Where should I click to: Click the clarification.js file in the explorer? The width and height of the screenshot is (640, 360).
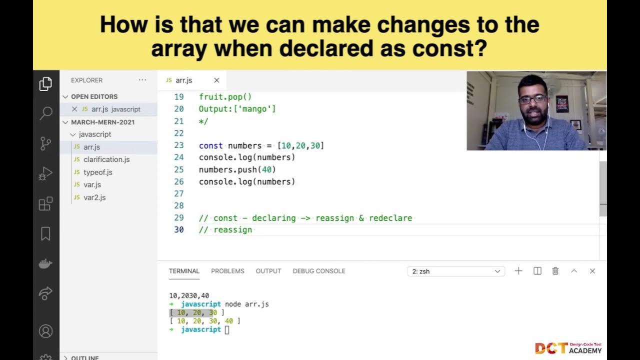(x=106, y=159)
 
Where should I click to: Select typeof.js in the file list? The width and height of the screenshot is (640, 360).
(x=98, y=172)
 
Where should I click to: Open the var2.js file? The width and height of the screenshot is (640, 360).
(x=94, y=197)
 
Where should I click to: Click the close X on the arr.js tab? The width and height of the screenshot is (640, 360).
(x=216, y=80)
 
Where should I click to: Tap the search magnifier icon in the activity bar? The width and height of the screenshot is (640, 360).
(x=45, y=113)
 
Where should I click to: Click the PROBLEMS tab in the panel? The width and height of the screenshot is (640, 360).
(x=227, y=271)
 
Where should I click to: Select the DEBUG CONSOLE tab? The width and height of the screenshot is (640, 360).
(x=319, y=271)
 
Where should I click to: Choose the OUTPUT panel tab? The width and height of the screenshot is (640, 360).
(x=268, y=271)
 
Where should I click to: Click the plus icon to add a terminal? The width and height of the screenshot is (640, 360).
(x=518, y=271)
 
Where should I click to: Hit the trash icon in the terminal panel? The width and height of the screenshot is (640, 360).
(x=555, y=271)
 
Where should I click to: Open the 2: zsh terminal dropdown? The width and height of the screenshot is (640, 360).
(x=455, y=271)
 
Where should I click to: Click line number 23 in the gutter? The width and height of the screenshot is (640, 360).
(x=178, y=145)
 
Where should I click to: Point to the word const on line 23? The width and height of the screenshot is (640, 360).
(x=210, y=145)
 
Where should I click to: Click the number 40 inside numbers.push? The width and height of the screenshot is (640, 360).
(x=266, y=169)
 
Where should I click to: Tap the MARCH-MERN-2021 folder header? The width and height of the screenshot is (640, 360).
(x=102, y=122)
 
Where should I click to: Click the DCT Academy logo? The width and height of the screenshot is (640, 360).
(x=568, y=347)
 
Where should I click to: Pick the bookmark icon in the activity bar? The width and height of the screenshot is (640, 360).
(x=45, y=233)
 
